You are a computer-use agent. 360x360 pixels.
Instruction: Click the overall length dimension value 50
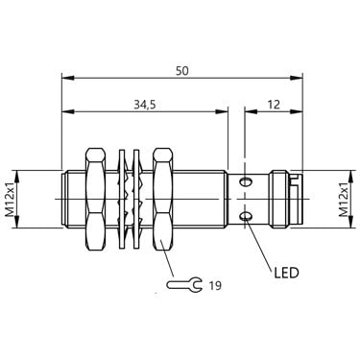point(182,71)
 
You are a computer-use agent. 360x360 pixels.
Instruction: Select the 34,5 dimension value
point(145,105)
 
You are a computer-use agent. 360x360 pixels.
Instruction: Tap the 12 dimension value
point(274,105)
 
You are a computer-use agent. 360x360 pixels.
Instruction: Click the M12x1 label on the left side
point(12,200)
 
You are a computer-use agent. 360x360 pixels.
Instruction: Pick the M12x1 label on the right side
point(344,200)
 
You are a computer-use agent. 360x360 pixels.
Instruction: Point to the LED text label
point(286,273)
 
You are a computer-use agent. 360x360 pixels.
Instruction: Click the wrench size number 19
point(215,285)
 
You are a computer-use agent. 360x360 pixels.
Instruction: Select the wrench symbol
point(184,284)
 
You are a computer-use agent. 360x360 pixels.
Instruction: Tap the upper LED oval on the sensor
point(246,182)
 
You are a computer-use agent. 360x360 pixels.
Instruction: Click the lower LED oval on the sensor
point(246,217)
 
